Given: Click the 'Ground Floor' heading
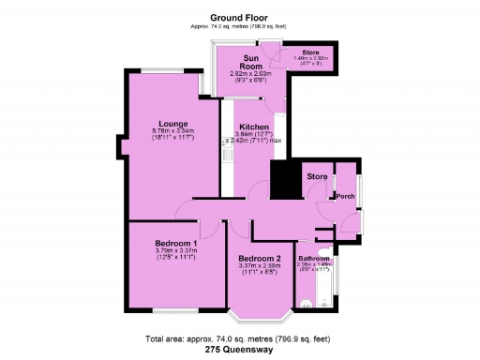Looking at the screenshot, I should tap(239, 17).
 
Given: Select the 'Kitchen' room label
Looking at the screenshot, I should tap(254, 127).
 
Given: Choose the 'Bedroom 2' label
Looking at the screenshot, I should tap(260, 259).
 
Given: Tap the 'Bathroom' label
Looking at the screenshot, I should tap(314, 258).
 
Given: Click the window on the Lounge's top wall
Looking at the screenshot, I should tap(168, 70).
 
